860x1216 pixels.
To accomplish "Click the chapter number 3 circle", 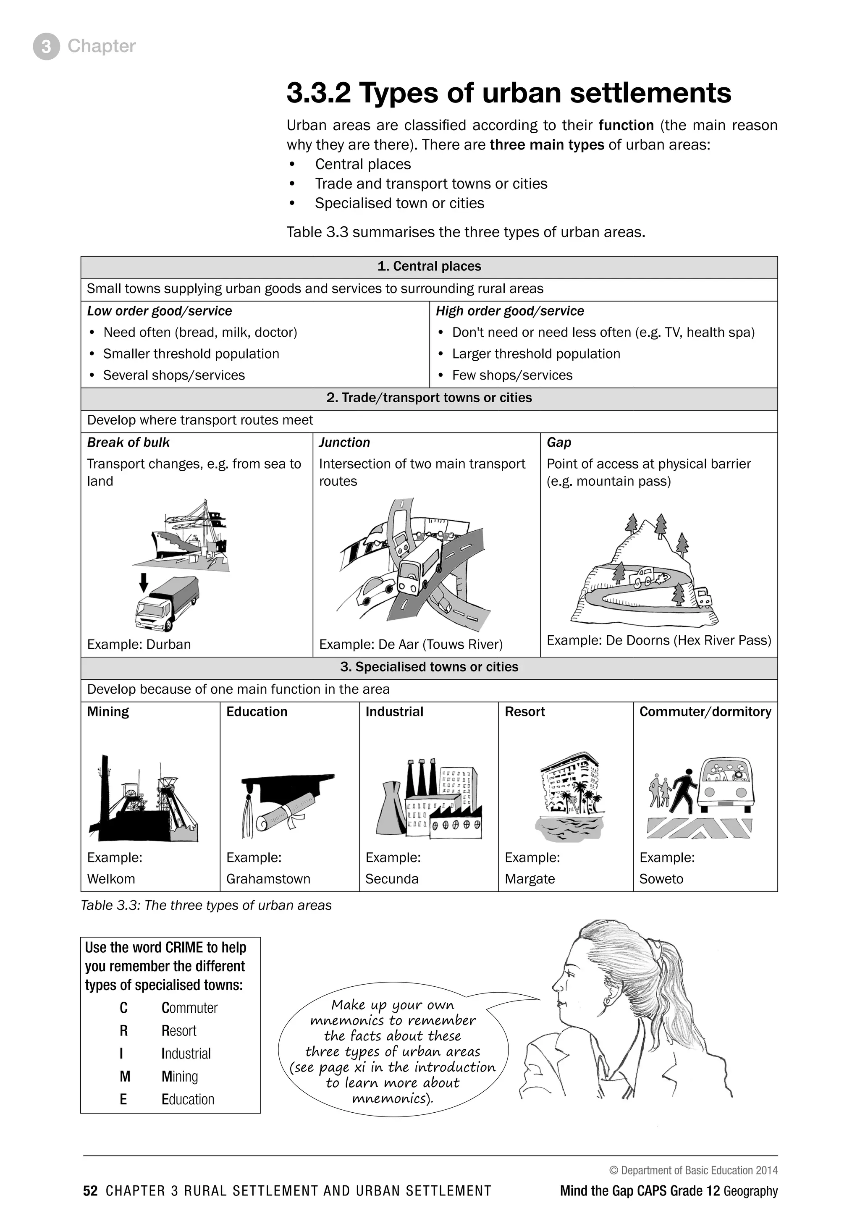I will pyautogui.click(x=46, y=47).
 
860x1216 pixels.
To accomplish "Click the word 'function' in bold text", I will pyautogui.click(x=626, y=126).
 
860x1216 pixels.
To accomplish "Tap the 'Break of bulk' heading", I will pyautogui.click(x=128, y=443).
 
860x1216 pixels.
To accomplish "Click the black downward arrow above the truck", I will pyautogui.click(x=143, y=582).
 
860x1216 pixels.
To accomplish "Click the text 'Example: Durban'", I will pyautogui.click(x=139, y=645).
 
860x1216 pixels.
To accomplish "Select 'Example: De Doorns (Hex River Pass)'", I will pyautogui.click(x=658, y=640).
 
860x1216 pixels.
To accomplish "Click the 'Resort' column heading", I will pyautogui.click(x=524, y=712).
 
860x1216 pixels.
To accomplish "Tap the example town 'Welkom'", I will pyautogui.click(x=111, y=879).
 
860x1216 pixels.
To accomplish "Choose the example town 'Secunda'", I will pyautogui.click(x=392, y=879).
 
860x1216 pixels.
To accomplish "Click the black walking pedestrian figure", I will pyautogui.click(x=684, y=791).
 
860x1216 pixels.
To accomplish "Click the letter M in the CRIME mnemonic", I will pyautogui.click(x=124, y=1077).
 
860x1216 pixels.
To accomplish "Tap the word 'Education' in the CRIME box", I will pyautogui.click(x=188, y=1100).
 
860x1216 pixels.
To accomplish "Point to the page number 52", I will pyautogui.click(x=90, y=1191).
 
